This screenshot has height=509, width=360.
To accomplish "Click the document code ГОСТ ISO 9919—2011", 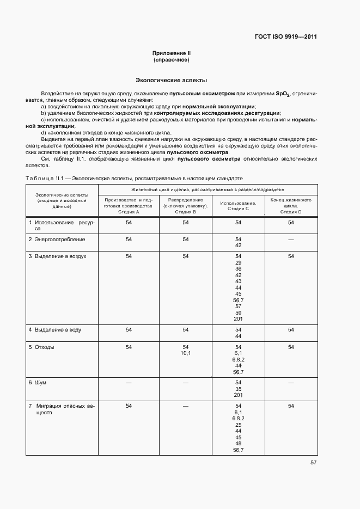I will coord(285,37).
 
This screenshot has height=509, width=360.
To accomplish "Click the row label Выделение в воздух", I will coord(60,255).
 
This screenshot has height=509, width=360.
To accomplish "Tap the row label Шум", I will coord(40,383).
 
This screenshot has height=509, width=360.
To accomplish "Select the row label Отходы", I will coord(44,347).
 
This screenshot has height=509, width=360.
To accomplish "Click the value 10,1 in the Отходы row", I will coord(185,353).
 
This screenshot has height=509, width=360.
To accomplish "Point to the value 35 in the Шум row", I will coord(238,389).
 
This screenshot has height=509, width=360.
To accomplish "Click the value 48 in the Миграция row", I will coord(238,444).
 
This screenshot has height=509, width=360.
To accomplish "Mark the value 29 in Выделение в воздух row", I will coord(238,262).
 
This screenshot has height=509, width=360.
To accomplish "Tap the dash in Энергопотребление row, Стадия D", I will coord(291,239).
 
